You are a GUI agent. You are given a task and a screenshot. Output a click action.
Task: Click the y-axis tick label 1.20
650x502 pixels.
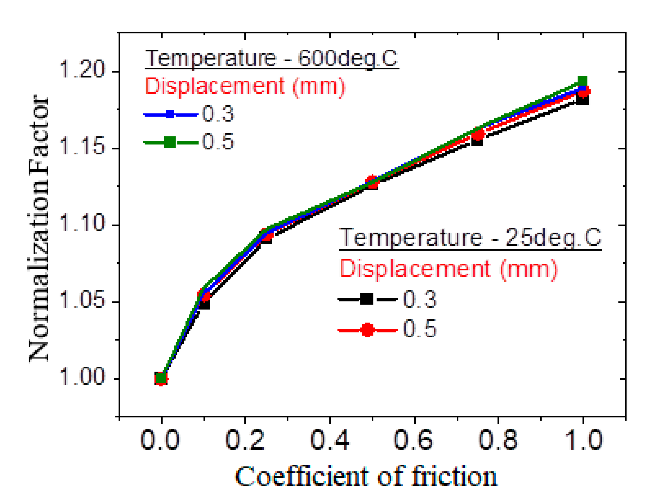tap(82, 69)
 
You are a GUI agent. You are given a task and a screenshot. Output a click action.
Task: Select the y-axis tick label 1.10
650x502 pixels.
tap(82, 222)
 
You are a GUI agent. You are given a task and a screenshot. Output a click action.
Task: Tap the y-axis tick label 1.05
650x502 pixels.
tap(82, 299)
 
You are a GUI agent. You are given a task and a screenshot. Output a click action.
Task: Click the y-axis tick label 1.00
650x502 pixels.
tap(82, 376)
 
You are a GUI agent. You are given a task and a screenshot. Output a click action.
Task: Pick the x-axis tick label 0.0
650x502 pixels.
tap(160, 440)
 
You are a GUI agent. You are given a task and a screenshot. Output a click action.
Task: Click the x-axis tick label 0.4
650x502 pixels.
tap(330, 440)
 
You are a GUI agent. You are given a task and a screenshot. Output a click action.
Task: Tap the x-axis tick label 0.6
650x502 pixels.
tap(414, 440)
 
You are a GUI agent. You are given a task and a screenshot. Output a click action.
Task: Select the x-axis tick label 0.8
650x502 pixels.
tap(498, 440)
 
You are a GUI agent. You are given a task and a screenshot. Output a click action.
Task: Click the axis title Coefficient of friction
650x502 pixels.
tap(366, 477)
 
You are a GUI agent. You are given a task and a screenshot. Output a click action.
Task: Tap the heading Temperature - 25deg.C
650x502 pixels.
tap(470, 238)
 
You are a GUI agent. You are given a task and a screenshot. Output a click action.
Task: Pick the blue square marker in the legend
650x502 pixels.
tap(170, 114)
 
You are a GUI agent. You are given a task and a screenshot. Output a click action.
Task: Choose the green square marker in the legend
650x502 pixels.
tap(170, 142)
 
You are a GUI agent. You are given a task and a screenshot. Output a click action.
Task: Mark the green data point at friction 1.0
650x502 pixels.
tap(582, 81)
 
